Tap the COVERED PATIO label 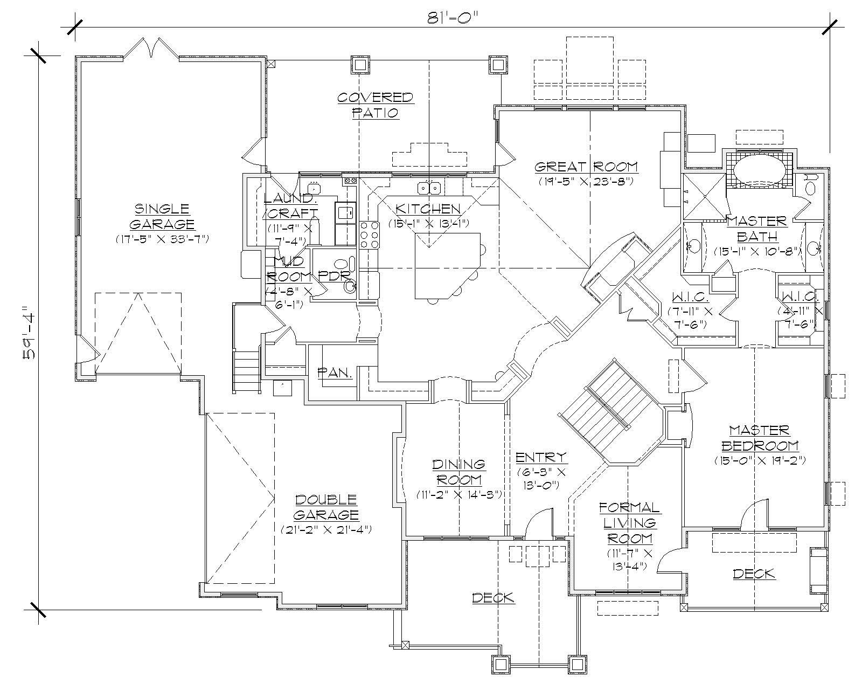(376, 105)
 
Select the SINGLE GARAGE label (162, 216)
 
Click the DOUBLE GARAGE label (326, 507)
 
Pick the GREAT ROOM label (586, 167)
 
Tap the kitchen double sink (429, 188)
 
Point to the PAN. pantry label (335, 372)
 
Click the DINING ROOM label (458, 472)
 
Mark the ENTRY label (541, 458)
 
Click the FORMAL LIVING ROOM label (630, 523)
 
